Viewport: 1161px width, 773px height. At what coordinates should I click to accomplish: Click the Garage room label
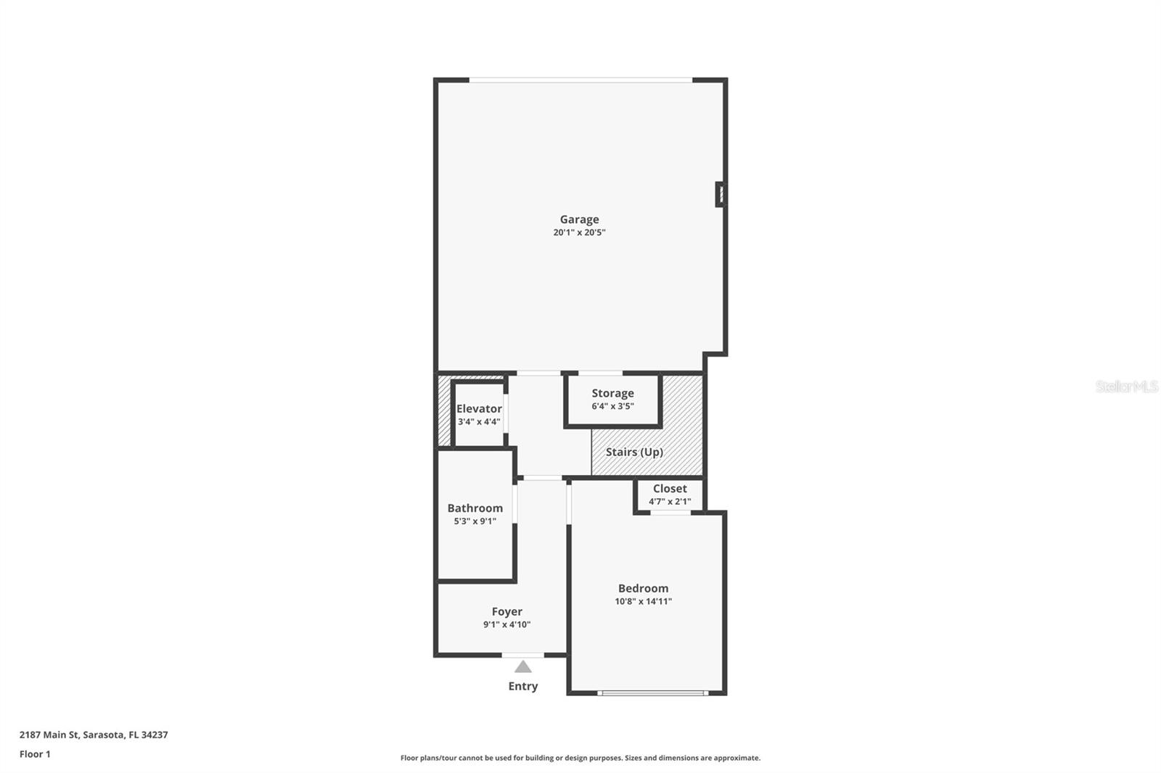[x=579, y=219]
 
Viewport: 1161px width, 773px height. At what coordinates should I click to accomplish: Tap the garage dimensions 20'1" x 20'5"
[x=579, y=233]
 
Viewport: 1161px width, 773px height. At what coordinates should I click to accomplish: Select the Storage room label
[x=612, y=393]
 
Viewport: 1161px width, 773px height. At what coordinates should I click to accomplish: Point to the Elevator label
[x=479, y=408]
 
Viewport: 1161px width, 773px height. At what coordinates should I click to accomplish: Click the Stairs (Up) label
[x=634, y=452]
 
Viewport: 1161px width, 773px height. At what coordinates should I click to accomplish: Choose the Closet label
[x=669, y=489]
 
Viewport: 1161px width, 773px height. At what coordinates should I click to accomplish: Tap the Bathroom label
[x=475, y=508]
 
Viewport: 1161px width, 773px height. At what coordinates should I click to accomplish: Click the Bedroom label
[x=643, y=588]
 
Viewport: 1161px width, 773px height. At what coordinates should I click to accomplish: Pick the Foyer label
[x=506, y=611]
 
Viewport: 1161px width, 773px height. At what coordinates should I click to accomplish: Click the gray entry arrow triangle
[x=523, y=667]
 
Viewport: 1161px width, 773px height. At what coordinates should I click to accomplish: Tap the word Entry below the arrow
[x=523, y=686]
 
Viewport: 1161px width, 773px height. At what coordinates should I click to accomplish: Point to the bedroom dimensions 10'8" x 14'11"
[x=643, y=601]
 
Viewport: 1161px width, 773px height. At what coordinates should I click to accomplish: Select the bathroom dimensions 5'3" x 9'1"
[x=475, y=521]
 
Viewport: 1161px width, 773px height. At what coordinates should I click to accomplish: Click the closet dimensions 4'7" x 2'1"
[x=669, y=501]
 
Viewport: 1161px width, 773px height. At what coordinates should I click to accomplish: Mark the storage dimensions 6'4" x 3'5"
[x=612, y=406]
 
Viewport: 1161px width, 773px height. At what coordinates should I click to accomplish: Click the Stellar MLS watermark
[x=1126, y=386]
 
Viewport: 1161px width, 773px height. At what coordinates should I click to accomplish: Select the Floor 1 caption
[x=35, y=754]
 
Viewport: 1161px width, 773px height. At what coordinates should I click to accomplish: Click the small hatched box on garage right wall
[x=720, y=194]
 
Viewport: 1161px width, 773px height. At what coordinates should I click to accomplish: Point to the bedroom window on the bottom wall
[x=652, y=693]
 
